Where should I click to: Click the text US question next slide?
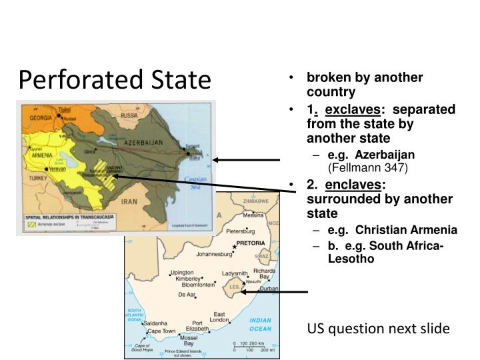click(378, 328)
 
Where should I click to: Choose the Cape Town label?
click(161, 331)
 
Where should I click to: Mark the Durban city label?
click(269, 289)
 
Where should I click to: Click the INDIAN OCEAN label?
click(261, 325)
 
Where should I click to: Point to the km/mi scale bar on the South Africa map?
click(250, 346)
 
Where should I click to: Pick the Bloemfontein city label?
click(198, 285)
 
